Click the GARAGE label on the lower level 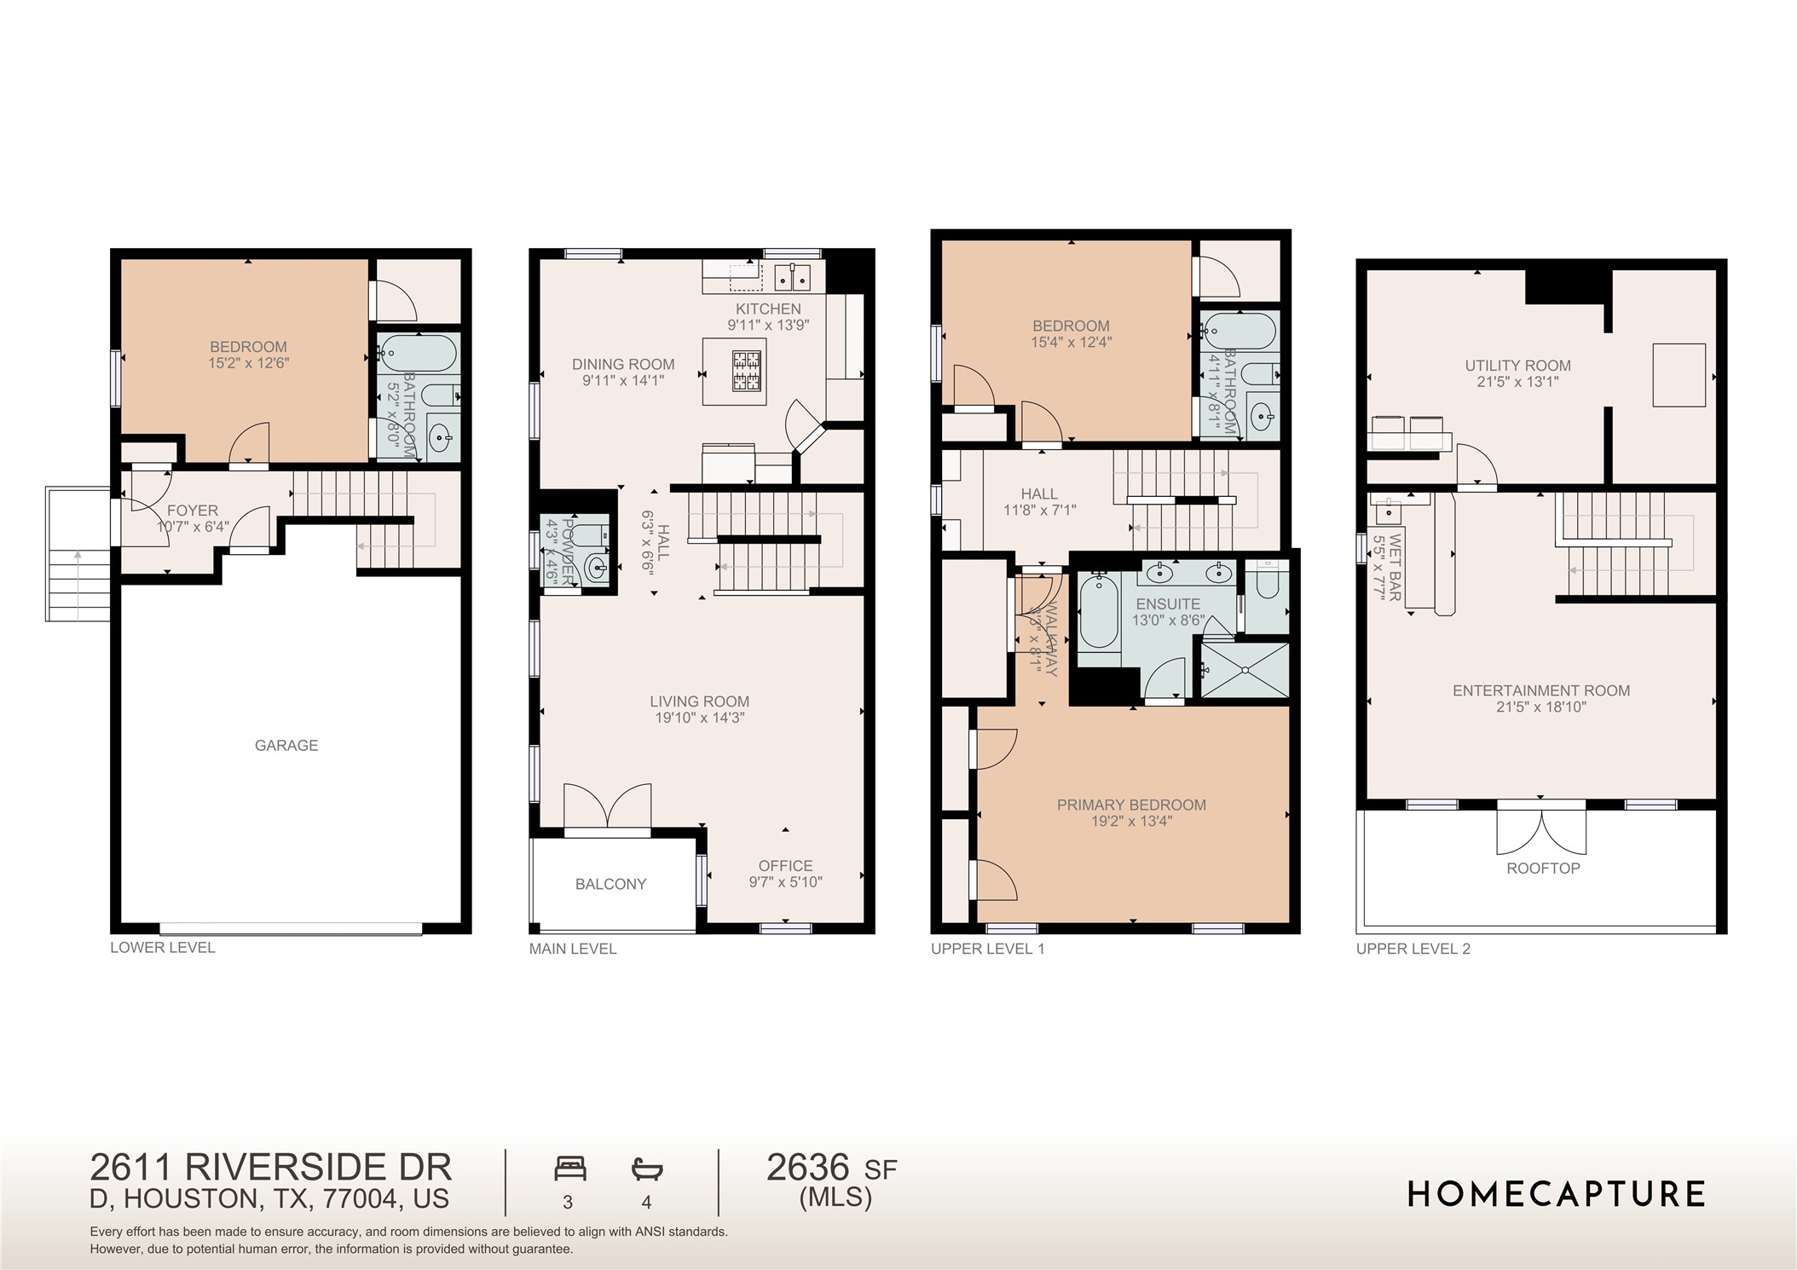coord(286,745)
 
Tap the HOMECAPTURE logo coord(1556,1194)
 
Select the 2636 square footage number coord(808,1168)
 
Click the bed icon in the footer coord(569,1168)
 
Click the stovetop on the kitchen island coord(747,371)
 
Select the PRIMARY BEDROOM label coord(1131,805)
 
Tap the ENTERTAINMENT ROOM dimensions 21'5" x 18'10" coord(1540,707)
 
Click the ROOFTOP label coord(1543,868)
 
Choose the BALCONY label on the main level coord(610,884)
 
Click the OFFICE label coord(785,865)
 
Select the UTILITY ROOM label coord(1517,366)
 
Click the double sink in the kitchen coord(794,277)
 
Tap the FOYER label coord(193,511)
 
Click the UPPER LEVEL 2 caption coord(1413,948)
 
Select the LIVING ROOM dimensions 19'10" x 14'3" coord(699,718)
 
